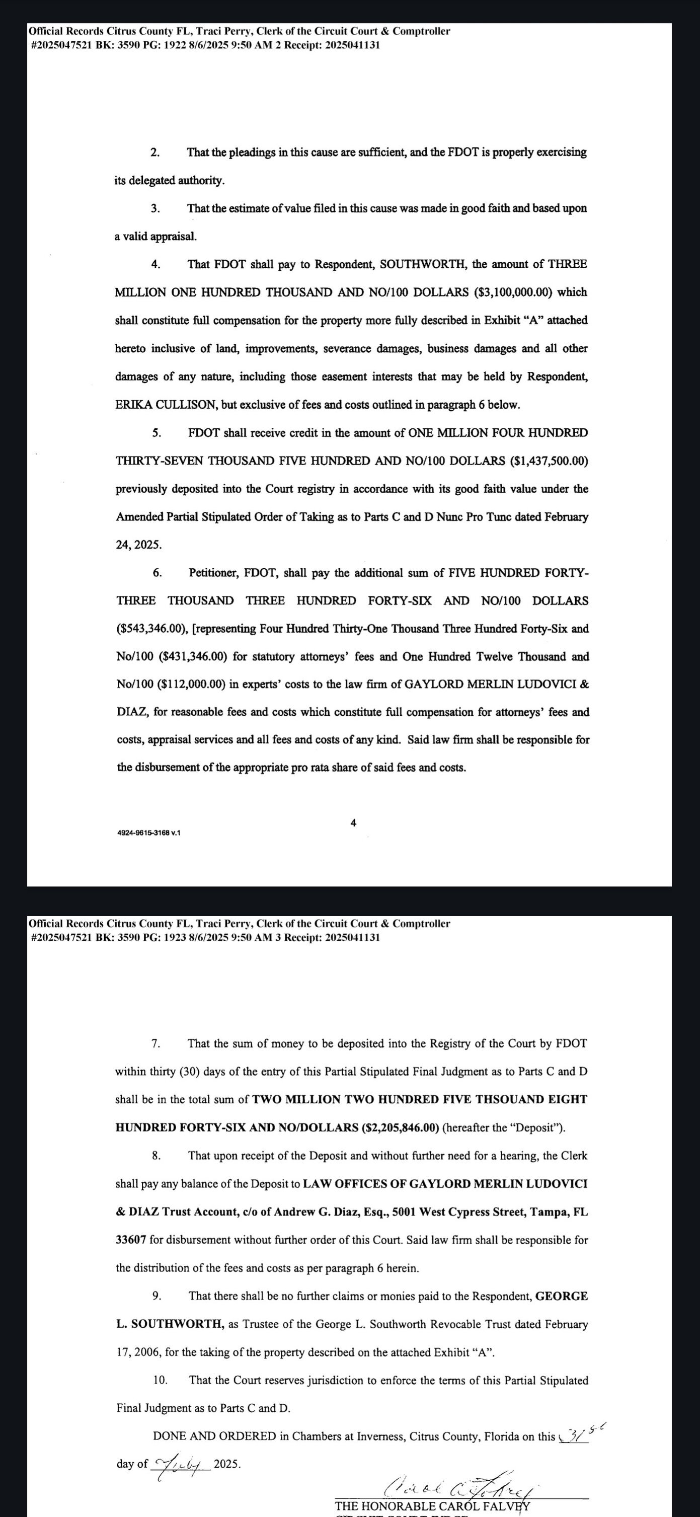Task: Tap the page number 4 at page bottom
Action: click(x=353, y=823)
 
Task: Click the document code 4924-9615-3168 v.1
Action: click(x=149, y=833)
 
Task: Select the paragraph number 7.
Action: click(x=155, y=1043)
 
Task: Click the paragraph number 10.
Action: click(x=160, y=1380)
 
